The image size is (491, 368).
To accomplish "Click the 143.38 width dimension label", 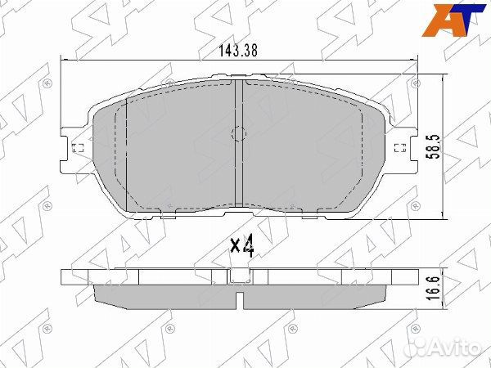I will pyautogui.click(x=238, y=50).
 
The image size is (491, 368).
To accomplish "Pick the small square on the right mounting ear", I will pyautogui.click(x=399, y=148).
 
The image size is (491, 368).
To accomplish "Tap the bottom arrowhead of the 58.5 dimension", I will pyautogui.click(x=443, y=216).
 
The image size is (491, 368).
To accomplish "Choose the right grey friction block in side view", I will pyautogui.click(x=315, y=297).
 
